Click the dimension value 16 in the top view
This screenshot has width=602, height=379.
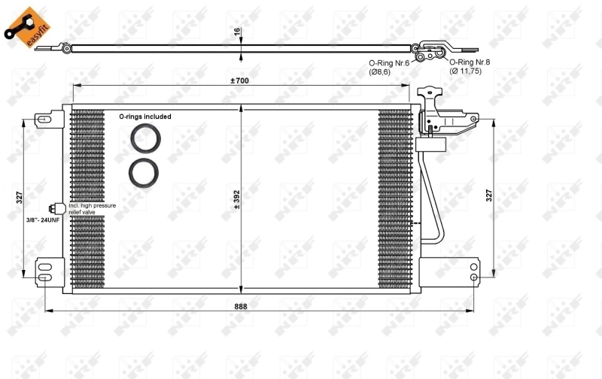tap(237, 32)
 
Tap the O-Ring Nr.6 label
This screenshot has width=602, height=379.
tap(388, 63)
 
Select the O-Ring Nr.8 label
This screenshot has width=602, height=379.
tap(470, 61)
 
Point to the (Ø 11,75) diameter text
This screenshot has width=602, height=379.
tap(465, 71)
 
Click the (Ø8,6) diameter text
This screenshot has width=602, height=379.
tap(380, 72)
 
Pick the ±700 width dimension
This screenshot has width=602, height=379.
tap(240, 80)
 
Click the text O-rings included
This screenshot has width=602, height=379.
tap(145, 117)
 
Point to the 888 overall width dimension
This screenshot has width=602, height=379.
tap(240, 306)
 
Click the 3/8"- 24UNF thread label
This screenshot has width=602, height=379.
tap(42, 220)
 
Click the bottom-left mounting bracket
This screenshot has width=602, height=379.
tap(47, 271)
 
